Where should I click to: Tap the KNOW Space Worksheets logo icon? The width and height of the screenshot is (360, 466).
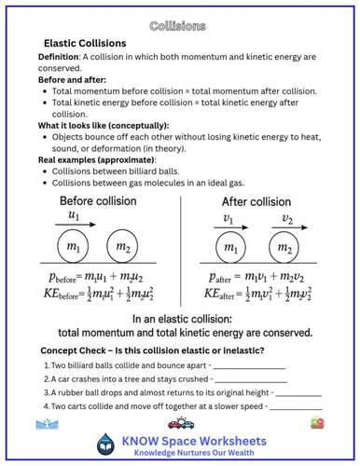108,445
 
